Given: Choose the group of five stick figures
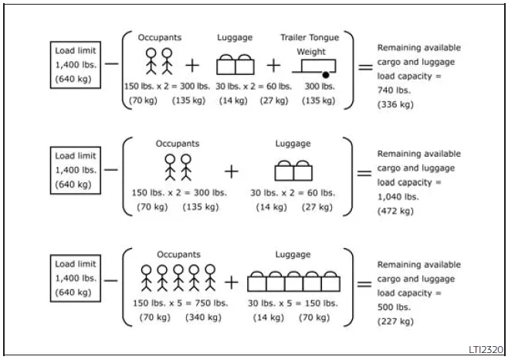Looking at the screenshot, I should pos(178,278).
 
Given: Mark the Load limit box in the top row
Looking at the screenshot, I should pos(76,65).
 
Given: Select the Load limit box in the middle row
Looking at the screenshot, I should pos(76,170).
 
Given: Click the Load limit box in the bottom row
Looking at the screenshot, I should pos(76,278).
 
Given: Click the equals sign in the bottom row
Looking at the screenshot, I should pos(364,283).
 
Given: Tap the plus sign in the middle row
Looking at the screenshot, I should pos(232,172).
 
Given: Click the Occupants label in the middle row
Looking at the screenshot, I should pos(178,144).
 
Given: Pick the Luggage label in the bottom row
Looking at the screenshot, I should pos(293,254).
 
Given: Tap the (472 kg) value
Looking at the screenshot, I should pos(395,211).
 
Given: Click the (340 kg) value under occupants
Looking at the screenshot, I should pos(204,317).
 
